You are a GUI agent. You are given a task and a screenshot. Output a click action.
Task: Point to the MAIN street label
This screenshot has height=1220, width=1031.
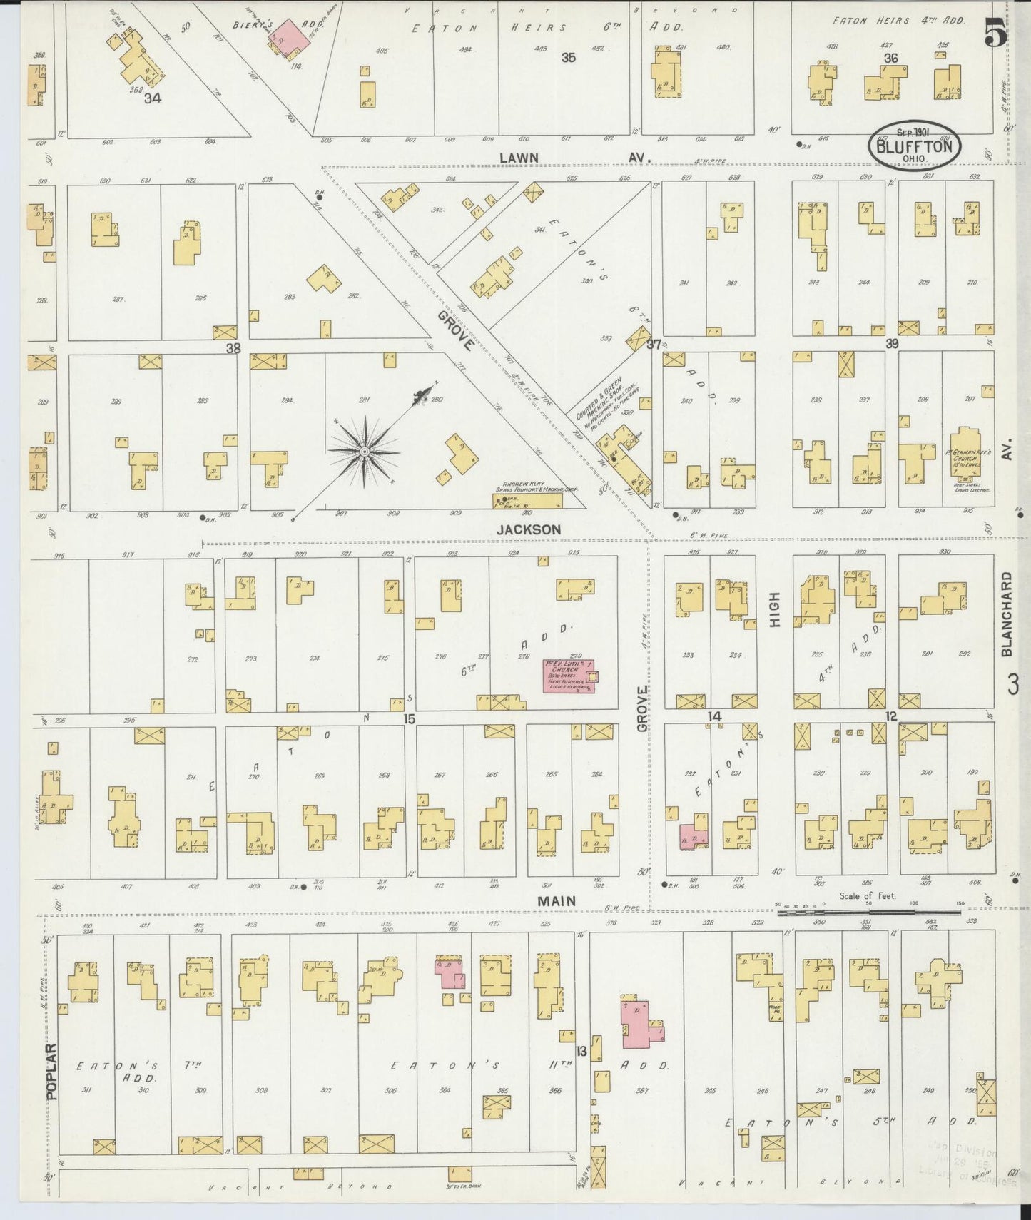coord(557,901)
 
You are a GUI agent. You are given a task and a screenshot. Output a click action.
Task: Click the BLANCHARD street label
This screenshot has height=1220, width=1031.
coord(1007,614)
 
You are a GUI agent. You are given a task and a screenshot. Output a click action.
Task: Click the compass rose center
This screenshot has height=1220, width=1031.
coord(365,452)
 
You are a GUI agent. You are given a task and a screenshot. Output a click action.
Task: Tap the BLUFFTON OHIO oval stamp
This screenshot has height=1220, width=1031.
coord(914,146)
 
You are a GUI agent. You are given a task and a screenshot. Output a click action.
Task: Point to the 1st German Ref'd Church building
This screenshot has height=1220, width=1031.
coord(967,455)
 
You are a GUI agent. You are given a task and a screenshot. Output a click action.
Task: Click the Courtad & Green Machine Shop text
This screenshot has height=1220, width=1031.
coord(601,400)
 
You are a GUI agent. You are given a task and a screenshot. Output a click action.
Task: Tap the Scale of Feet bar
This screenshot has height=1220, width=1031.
coord(868,912)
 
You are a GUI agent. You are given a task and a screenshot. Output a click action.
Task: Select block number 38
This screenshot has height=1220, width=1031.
coord(233,348)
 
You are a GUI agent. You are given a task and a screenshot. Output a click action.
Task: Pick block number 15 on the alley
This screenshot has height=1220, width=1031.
coord(409,719)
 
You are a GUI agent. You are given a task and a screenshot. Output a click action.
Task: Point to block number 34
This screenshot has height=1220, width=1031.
coord(152,98)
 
